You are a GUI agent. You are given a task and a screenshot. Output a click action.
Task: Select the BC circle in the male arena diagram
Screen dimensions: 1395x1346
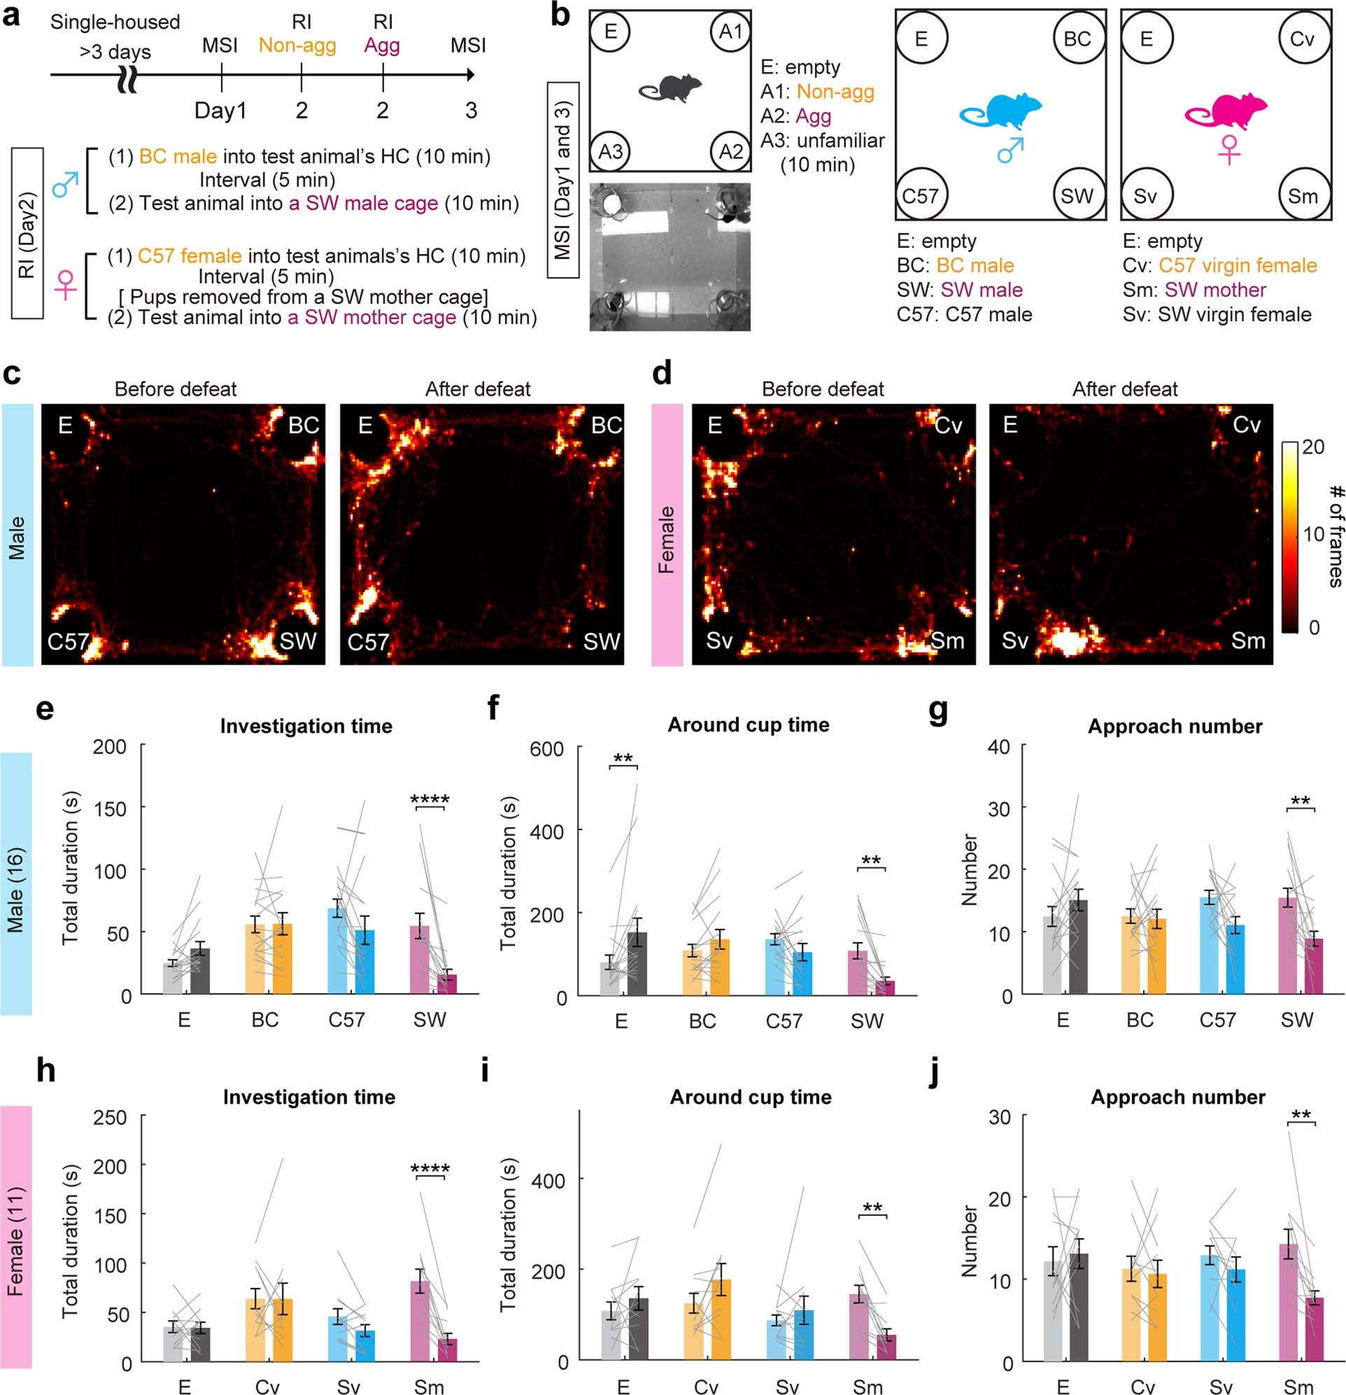pos(1077,38)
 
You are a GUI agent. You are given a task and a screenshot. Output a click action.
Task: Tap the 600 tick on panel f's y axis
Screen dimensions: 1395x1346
pos(547,749)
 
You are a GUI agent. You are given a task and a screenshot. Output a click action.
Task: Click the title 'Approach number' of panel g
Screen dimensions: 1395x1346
pos(1175,726)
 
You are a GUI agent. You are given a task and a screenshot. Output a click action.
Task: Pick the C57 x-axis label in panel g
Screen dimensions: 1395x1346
pos(1217,1020)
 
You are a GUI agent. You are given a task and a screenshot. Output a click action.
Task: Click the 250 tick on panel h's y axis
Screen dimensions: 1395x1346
pos(110,1117)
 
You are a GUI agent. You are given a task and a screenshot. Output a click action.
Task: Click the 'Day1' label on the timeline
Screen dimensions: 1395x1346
pos(220,111)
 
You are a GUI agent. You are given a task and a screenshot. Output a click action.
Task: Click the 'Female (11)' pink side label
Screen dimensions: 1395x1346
pos(15,1241)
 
